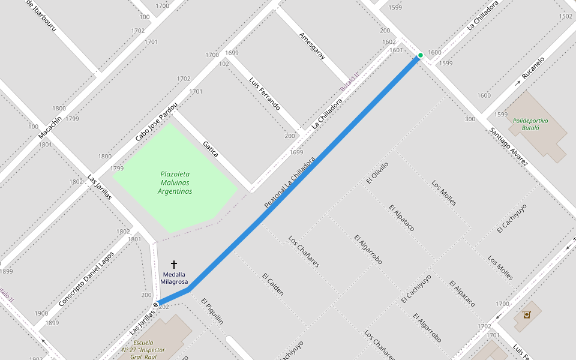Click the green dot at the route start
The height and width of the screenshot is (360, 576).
(x=420, y=55)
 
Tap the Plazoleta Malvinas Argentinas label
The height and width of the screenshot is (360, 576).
(x=175, y=182)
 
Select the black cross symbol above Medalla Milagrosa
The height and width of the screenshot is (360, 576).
(x=174, y=264)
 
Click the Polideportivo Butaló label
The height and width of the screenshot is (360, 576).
(x=530, y=124)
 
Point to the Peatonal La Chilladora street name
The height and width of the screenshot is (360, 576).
(x=290, y=183)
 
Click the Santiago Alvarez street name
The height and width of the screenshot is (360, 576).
(x=508, y=146)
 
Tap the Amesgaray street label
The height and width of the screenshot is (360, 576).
(x=312, y=46)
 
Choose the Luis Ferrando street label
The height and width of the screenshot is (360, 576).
(x=265, y=94)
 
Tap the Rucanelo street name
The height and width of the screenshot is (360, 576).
(x=533, y=68)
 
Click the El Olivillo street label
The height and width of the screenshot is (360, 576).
(x=377, y=173)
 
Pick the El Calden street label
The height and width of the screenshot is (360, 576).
(x=273, y=284)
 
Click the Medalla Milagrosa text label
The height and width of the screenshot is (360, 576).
(x=175, y=278)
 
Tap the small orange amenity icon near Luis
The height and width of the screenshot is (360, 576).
(x=526, y=314)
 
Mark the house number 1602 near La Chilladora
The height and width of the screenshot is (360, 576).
(x=389, y=42)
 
